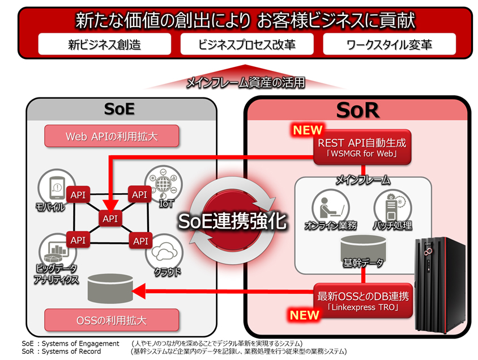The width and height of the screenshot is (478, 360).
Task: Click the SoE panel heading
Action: pos(119,108)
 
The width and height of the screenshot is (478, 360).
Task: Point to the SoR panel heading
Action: pos(357,110)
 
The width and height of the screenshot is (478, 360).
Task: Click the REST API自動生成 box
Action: pos(362,149)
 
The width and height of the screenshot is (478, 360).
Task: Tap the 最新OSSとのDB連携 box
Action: pos(362,300)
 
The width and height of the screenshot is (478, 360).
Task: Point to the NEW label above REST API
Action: pos(308,130)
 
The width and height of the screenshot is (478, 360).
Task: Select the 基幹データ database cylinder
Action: pos(363,246)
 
